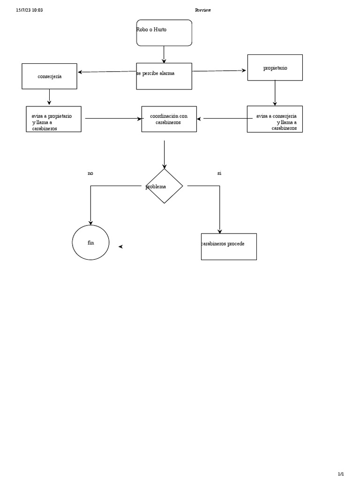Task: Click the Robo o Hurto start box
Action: (164, 33)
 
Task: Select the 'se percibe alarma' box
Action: (164, 76)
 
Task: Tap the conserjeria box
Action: (49, 76)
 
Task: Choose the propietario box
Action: (275, 67)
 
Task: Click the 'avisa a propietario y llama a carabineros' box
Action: (53, 119)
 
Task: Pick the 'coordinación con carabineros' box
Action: (169, 119)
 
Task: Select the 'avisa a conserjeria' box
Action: (275, 119)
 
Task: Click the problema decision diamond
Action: (164, 186)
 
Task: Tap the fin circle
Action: (90, 242)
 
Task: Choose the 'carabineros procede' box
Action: (229, 247)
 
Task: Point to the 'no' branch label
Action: (90, 173)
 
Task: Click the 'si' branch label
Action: (219, 173)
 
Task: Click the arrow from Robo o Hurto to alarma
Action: (164, 54)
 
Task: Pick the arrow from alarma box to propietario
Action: (219, 71)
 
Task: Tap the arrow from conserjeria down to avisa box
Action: (49, 97)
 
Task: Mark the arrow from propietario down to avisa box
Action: (275, 93)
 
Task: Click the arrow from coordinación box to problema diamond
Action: (164, 154)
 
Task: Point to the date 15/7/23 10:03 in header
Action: (30, 10)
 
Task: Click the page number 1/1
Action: (341, 474)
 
